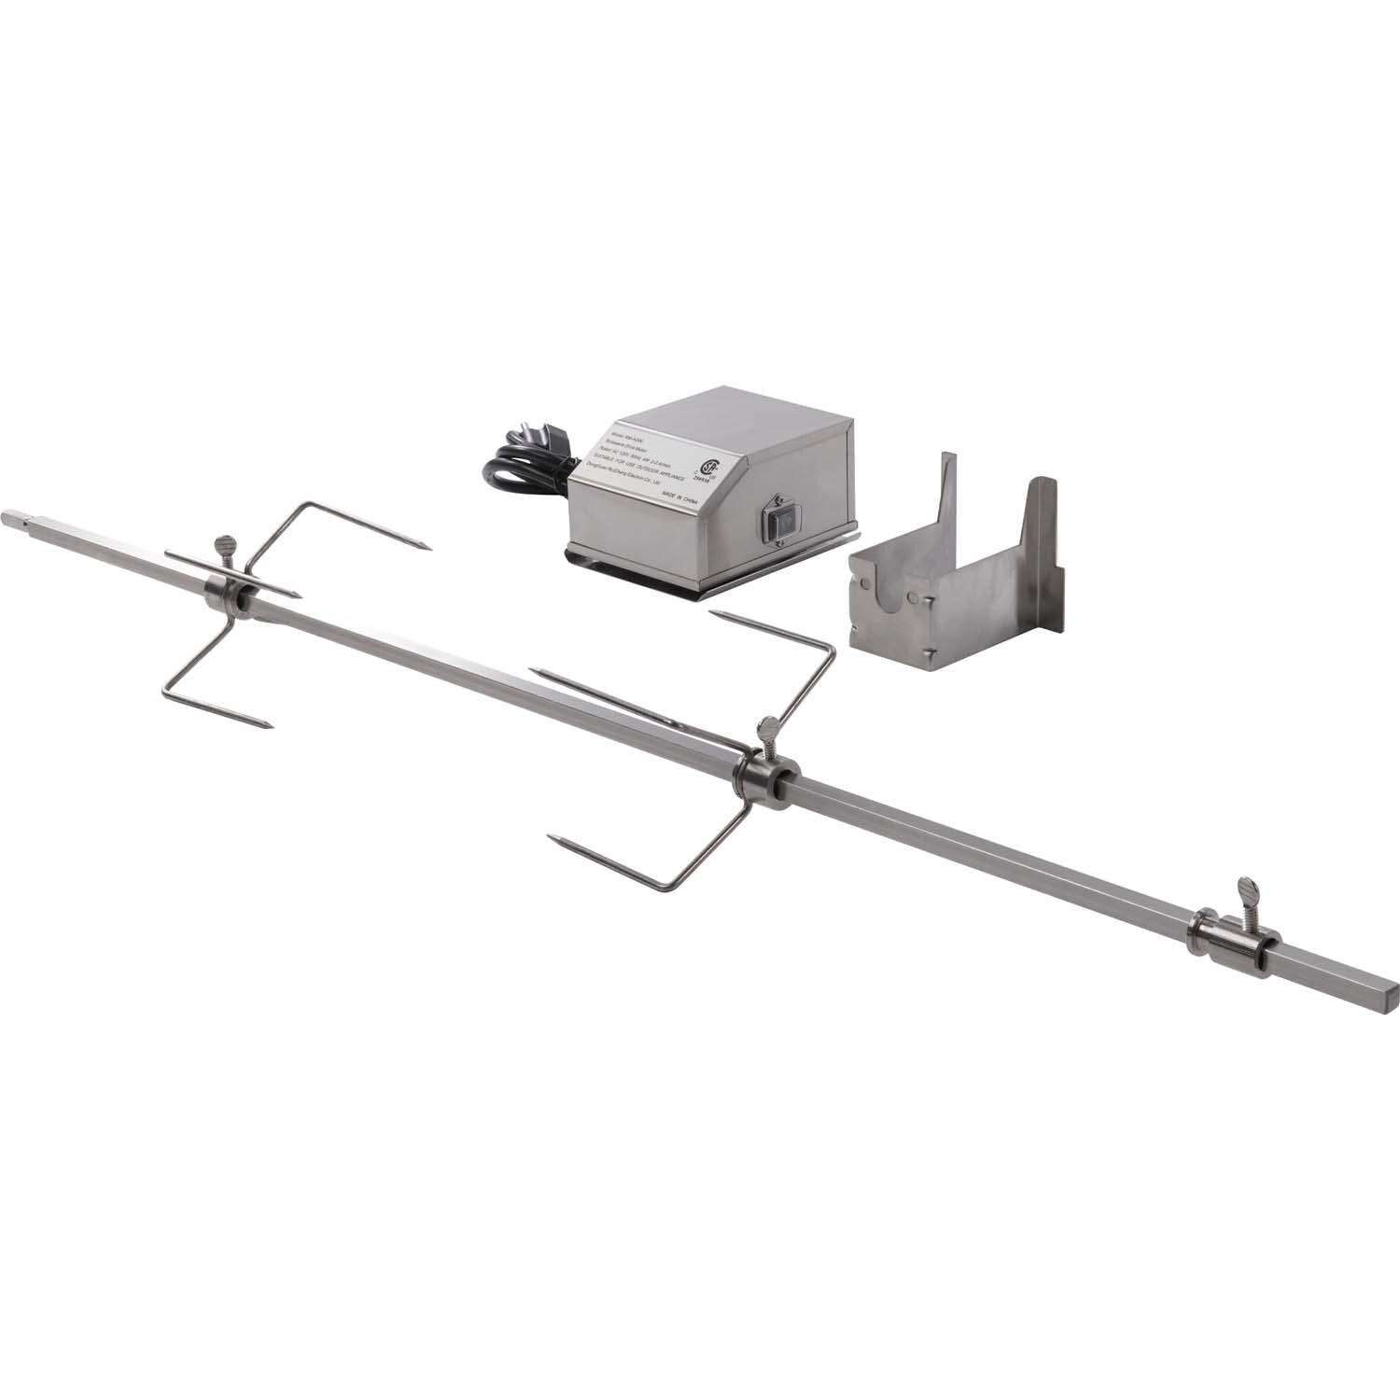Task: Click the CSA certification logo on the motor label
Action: pos(713,467)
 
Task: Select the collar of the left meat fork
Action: pos(224,594)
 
